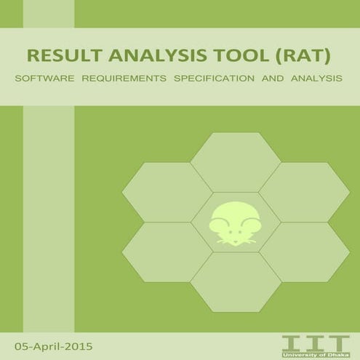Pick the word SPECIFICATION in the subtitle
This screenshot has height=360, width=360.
(211, 77)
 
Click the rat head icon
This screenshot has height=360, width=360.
(234, 223)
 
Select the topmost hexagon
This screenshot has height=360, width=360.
(234, 161)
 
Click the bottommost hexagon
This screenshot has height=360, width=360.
(234, 282)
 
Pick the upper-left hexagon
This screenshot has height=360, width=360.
(167, 192)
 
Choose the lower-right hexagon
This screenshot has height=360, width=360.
(303, 252)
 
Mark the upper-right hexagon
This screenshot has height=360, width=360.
(303, 192)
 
